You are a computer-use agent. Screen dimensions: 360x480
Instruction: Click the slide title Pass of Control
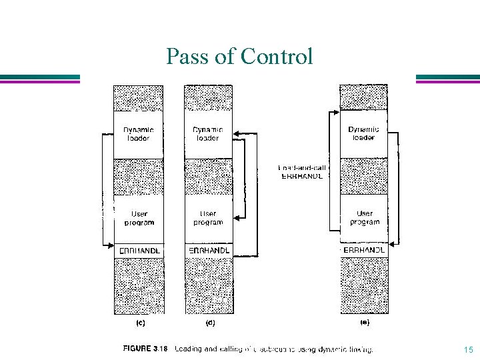[239, 57]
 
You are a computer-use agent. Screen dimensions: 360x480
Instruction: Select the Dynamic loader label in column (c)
[138, 133]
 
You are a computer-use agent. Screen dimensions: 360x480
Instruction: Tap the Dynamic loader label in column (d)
[208, 133]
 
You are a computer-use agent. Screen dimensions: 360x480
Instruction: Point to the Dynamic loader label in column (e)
[363, 133]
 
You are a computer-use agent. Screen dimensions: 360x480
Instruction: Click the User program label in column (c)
[139, 218]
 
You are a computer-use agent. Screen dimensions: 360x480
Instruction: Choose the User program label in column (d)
[208, 218]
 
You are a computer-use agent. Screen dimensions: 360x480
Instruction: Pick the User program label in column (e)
[364, 218]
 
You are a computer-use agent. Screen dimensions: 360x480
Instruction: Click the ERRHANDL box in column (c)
[138, 250]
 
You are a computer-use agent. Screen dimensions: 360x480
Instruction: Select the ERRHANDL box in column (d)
[208, 250]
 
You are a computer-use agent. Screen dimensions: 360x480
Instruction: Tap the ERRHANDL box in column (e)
[364, 250]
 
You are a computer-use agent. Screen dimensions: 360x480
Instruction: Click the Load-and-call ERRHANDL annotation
[302, 172]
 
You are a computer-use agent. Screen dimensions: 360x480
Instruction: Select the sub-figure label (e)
[364, 323]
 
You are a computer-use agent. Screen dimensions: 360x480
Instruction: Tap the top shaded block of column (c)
[138, 98]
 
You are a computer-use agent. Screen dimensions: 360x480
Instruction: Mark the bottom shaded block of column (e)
[364, 285]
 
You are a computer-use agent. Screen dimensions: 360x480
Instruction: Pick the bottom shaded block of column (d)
[208, 285]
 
